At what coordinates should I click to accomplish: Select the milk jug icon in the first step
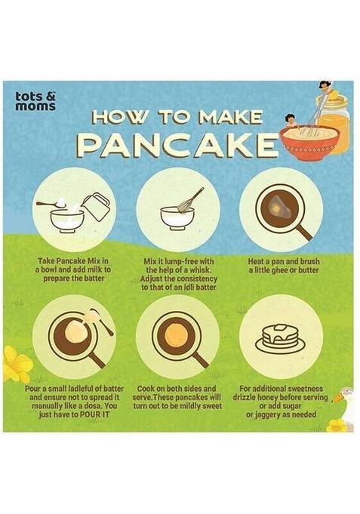coord(97,206)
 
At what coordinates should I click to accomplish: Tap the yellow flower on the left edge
coord(16,365)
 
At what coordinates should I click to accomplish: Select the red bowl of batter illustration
coord(307,141)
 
